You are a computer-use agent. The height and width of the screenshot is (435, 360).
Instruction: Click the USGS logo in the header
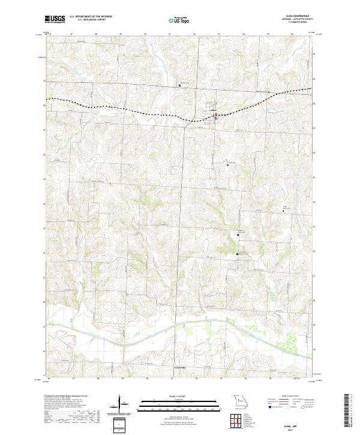(55, 19)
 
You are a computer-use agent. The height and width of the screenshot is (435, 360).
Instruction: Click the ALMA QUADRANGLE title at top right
(296, 16)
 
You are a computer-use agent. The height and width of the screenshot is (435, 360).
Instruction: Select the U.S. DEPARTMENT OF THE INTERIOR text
(91, 17)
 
